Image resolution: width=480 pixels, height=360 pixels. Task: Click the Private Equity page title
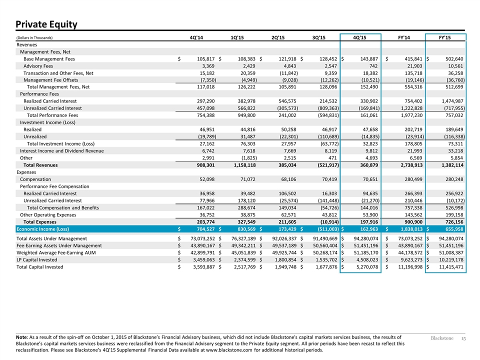(46, 24)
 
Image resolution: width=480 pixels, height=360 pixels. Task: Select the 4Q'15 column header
(359, 37)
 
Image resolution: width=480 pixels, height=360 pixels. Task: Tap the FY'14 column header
(404, 37)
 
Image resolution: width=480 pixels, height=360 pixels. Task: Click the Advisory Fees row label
(38, 66)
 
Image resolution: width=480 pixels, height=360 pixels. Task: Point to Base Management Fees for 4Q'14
(205, 59)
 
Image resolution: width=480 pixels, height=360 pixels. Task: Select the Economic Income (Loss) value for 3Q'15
(326, 229)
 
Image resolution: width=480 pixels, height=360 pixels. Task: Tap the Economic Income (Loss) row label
(42, 229)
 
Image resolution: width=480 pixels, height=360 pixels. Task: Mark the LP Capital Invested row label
(36, 260)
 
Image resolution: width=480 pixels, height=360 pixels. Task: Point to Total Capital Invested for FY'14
(409, 267)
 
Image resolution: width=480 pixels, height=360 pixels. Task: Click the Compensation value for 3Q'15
(329, 179)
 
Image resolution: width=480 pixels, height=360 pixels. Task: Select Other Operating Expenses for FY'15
(454, 215)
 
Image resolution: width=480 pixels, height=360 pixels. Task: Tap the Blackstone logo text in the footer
(442, 338)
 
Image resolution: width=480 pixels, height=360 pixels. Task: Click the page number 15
(463, 338)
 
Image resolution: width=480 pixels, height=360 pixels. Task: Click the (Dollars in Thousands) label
(34, 38)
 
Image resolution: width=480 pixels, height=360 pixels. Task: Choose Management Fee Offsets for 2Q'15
(288, 80)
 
